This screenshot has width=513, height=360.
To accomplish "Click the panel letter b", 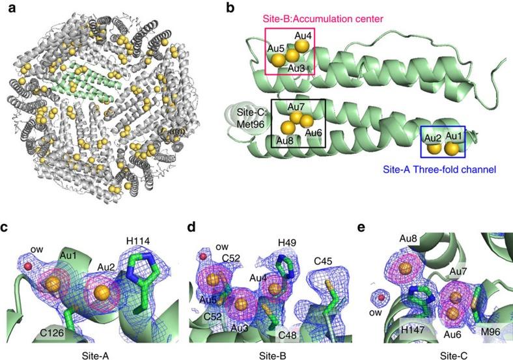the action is coord(233,8).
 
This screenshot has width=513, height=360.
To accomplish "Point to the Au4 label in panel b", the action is coord(303,35).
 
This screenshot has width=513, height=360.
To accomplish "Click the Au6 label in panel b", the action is coord(313,133).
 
